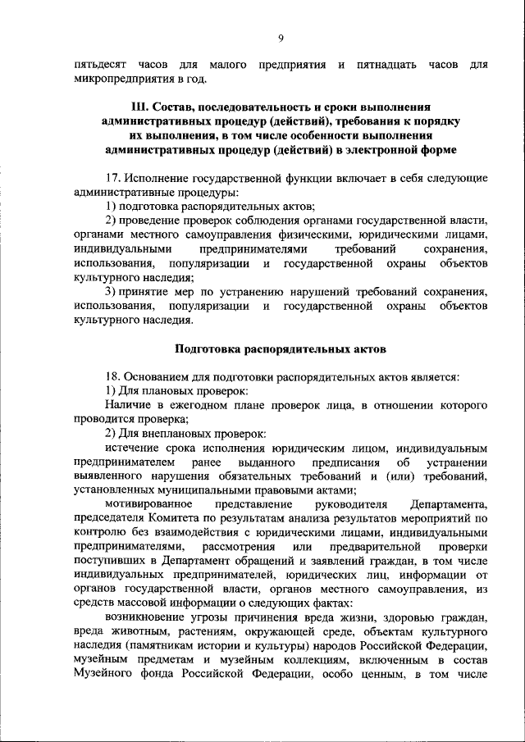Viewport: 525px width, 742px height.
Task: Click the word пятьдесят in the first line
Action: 101,65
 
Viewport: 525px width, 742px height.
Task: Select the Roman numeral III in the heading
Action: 141,107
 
